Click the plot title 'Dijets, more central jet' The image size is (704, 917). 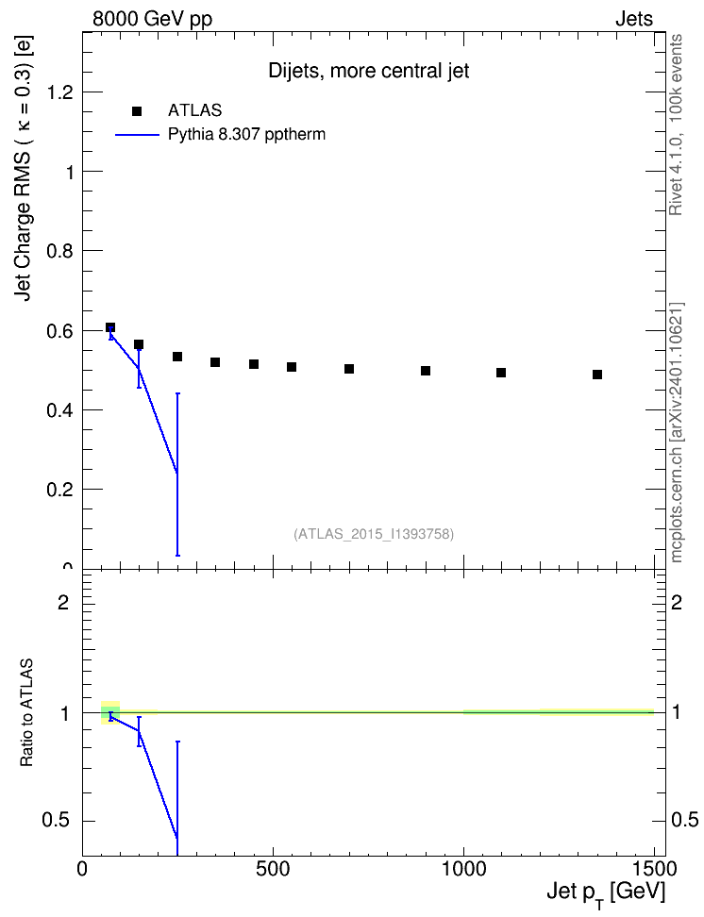(x=369, y=71)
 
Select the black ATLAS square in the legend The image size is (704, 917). (x=137, y=111)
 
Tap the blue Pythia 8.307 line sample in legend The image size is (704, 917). (x=137, y=135)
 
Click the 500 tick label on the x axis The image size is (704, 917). (x=273, y=869)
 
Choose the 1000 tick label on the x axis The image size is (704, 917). (x=463, y=869)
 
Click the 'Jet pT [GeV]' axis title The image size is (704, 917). (x=606, y=894)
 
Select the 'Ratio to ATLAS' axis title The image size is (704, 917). (x=26, y=712)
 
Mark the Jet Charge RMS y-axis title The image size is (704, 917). (x=24, y=169)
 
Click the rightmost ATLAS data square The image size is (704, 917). (x=597, y=375)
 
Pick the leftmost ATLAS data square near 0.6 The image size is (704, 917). (x=110, y=327)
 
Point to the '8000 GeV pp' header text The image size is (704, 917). (x=152, y=19)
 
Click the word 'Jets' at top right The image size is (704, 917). (x=634, y=19)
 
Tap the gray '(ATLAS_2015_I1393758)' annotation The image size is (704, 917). (x=374, y=534)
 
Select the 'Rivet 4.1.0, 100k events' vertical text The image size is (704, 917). (x=676, y=125)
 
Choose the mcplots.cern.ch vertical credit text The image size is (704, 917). (x=677, y=433)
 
